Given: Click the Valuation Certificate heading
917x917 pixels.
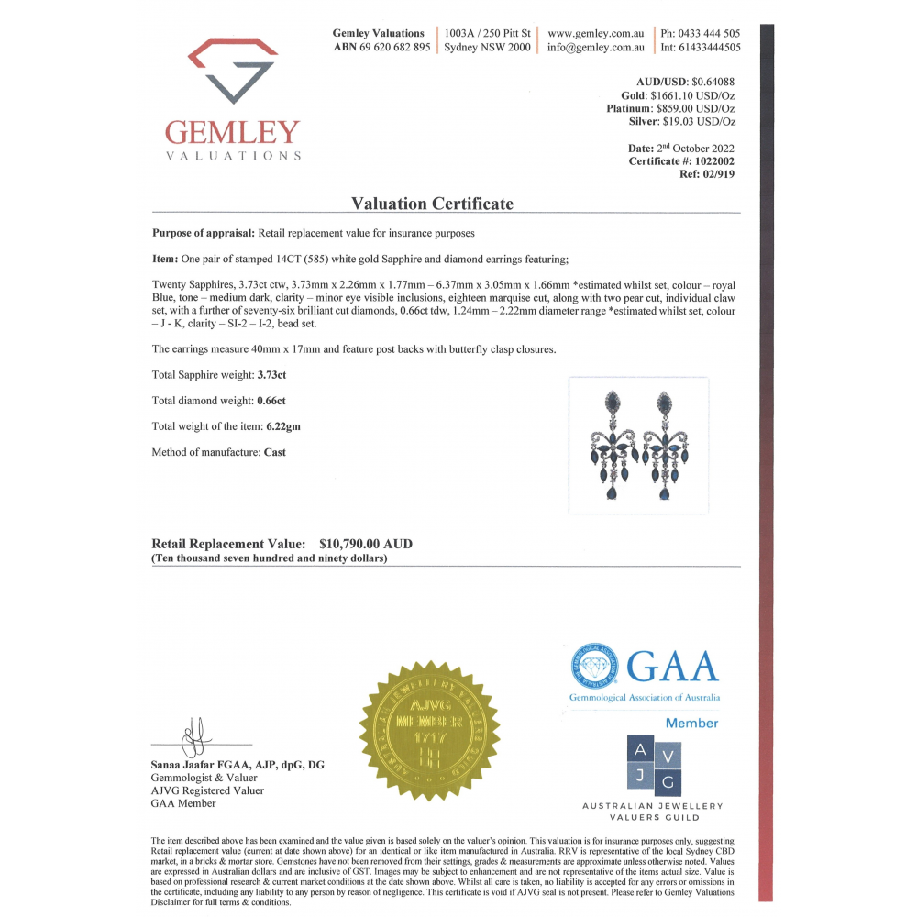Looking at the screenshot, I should [x=433, y=204].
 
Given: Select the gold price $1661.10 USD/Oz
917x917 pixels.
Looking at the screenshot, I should [x=692, y=95].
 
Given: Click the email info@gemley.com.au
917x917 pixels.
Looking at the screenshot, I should [x=596, y=48].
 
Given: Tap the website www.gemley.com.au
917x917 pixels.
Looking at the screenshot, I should [x=596, y=33].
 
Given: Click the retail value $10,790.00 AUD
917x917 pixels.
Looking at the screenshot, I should [x=366, y=544].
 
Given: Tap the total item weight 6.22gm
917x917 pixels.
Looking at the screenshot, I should [x=283, y=426].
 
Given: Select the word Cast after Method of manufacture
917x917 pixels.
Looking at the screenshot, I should [x=275, y=452].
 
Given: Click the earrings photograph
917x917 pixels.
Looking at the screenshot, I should [x=638, y=445].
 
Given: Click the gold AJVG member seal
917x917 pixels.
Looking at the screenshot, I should [x=429, y=730].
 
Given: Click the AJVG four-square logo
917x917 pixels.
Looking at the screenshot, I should [x=653, y=766].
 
